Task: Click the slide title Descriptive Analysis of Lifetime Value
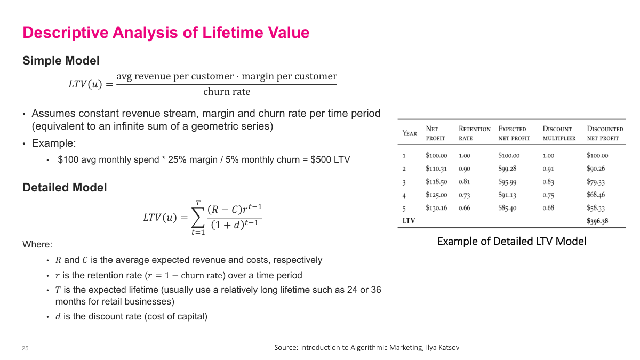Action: [x=165, y=33]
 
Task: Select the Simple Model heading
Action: [x=61, y=61]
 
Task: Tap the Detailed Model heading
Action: [x=65, y=188]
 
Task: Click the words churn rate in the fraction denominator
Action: [x=227, y=92]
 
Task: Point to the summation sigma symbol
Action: [x=198, y=218]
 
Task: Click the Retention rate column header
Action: [x=474, y=133]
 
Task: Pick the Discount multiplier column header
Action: [x=559, y=133]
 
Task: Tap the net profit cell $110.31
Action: [x=436, y=169]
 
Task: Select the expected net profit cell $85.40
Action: [x=507, y=208]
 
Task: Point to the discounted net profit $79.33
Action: [x=596, y=182]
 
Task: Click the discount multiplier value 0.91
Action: [x=548, y=169]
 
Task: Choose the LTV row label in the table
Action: [x=409, y=221]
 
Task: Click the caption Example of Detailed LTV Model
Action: [x=511, y=242]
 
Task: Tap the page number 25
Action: [x=25, y=348]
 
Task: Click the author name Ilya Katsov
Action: [x=442, y=348]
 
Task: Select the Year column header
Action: [x=410, y=133]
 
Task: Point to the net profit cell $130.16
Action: [x=436, y=208]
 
